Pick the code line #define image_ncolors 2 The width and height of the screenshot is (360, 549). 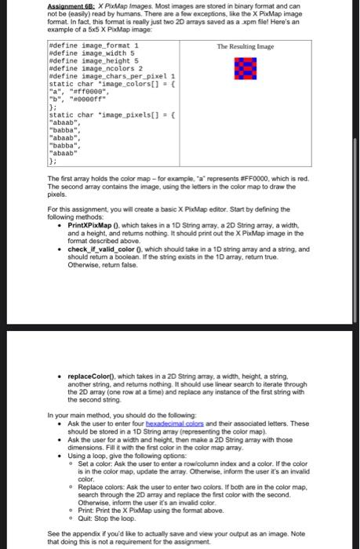coord(87,69)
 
